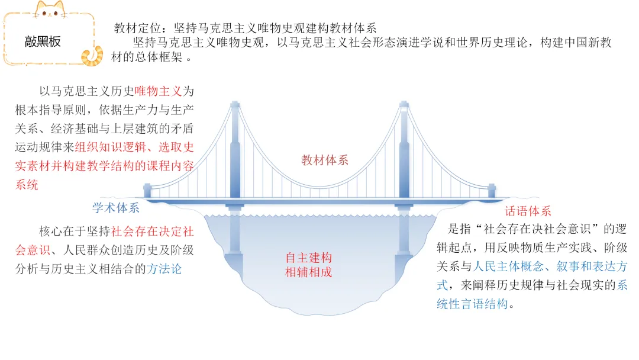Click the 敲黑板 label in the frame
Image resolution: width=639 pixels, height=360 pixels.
(x=43, y=41)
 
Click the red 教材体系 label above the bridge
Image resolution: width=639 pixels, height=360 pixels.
(x=325, y=160)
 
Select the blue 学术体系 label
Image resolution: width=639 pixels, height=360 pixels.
(x=116, y=207)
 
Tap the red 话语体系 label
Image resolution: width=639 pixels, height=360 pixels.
(x=528, y=211)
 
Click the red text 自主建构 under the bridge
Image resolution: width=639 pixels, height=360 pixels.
(x=308, y=258)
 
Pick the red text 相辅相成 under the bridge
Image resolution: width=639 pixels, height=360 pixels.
(x=308, y=272)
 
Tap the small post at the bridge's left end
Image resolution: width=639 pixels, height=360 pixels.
(x=147, y=191)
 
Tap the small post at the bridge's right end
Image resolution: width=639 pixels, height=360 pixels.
(x=492, y=191)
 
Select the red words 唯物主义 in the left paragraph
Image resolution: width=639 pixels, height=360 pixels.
(x=158, y=91)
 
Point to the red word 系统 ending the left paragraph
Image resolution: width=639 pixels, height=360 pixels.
(x=27, y=185)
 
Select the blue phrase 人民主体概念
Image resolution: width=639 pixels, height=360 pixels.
(x=509, y=266)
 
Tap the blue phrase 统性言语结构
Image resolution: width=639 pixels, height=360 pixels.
(x=472, y=304)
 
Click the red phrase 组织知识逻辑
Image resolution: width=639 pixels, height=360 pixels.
(x=110, y=147)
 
